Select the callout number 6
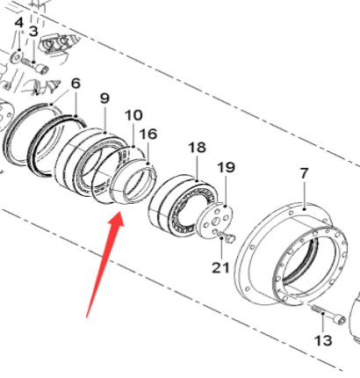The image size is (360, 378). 76,84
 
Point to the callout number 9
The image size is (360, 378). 104,98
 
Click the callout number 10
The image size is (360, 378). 133,115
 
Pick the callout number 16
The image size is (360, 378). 148,134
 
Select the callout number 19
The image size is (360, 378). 227,166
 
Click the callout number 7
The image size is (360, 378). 304,173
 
